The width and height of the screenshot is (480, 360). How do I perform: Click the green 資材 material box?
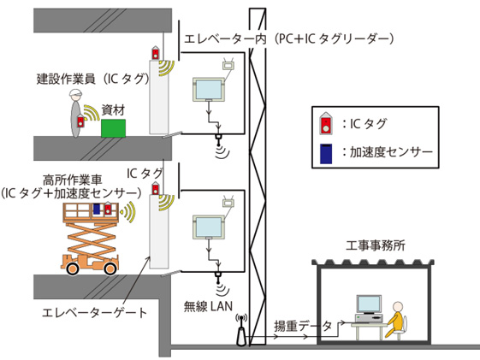tap(114, 127)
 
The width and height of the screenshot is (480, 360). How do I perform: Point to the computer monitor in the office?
tap(368, 304)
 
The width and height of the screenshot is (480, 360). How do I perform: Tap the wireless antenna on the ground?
tap(240, 330)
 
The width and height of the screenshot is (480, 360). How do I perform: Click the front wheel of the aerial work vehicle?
tap(74, 267)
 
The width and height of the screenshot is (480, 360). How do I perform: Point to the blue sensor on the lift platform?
tap(97, 210)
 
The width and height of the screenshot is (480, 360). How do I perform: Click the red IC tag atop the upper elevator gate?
tap(156, 53)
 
